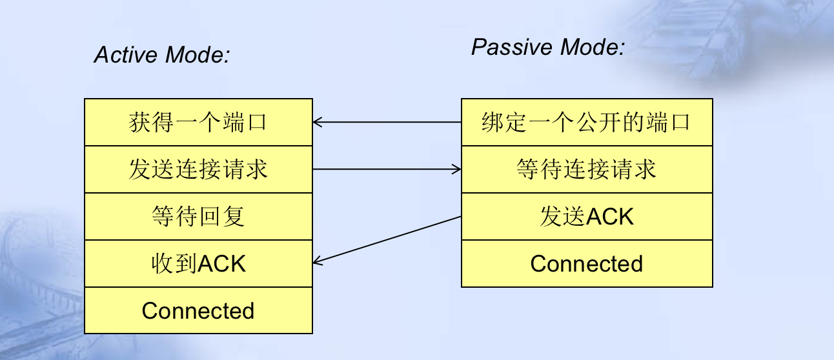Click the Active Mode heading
pos(162,55)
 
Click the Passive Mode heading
pos(547,47)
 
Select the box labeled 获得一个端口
pos(198,122)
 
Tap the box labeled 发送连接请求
pos(198,169)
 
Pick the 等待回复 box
pos(198,216)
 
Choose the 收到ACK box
pos(198,263)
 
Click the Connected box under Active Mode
pos(198,311)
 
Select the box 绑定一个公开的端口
pos(587,122)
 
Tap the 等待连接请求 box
pos(587,169)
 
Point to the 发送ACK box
pos(587,216)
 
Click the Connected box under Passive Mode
pos(587,264)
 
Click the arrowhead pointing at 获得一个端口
pos(317,122)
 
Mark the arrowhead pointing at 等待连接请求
pos(457,169)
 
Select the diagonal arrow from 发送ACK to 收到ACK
pos(387,239)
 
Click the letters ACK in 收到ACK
pos(221,263)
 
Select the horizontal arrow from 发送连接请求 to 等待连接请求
pos(387,169)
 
